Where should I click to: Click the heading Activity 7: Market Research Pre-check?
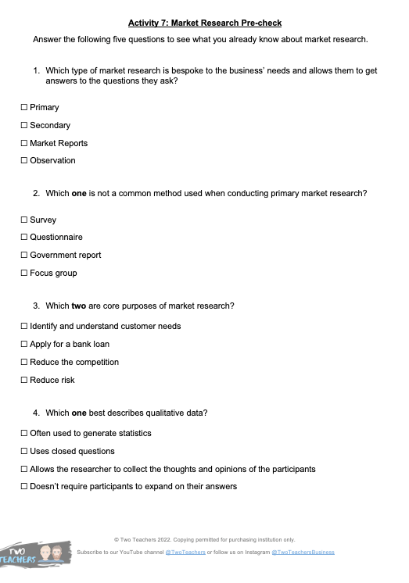[204, 23]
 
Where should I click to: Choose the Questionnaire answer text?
[56, 238]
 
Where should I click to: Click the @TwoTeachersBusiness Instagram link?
[303, 552]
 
